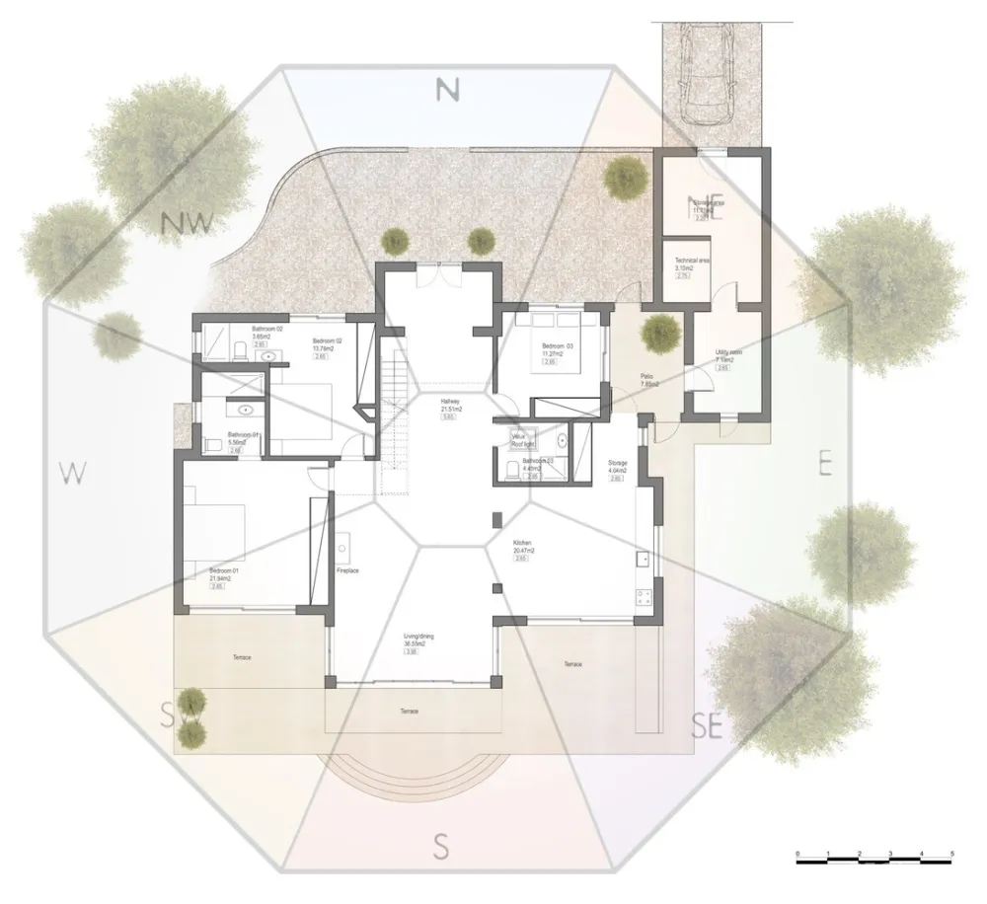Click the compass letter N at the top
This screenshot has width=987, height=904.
click(x=448, y=90)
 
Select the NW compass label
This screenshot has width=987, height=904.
click(x=188, y=224)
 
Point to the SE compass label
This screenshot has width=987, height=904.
click(x=707, y=728)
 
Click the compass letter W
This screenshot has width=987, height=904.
click(x=68, y=474)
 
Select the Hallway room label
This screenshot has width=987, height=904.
click(x=452, y=402)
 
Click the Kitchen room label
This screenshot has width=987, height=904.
click(x=522, y=544)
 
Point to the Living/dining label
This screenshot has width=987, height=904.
click(x=418, y=638)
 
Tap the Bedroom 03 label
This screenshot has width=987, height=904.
click(x=557, y=346)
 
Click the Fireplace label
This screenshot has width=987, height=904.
click(x=347, y=570)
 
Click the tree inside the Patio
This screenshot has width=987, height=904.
click(x=657, y=333)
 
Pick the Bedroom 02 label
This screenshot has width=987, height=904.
click(x=327, y=341)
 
